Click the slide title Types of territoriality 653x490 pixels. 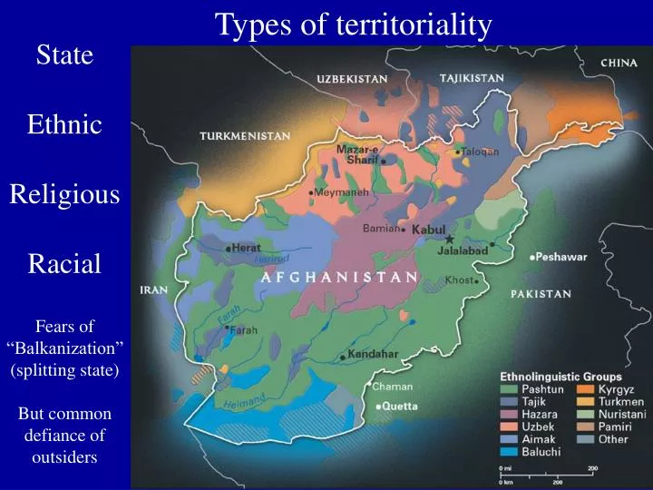tap(354, 24)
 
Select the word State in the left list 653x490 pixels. tap(64, 55)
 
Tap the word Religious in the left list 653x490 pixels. tap(64, 194)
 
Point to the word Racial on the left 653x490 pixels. tap(64, 264)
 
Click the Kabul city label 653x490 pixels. tap(428, 230)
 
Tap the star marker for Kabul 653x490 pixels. tap(449, 239)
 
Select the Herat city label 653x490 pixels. tap(246, 247)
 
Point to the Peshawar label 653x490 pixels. tap(561, 257)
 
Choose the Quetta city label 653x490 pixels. tap(399, 406)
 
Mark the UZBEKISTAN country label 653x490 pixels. tap(352, 79)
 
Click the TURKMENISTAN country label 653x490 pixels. tap(245, 136)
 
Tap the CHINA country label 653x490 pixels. tap(619, 64)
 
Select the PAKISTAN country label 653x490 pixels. tap(541, 294)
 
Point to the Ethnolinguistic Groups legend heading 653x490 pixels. tap(561, 376)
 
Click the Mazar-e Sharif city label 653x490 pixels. tap(357, 154)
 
